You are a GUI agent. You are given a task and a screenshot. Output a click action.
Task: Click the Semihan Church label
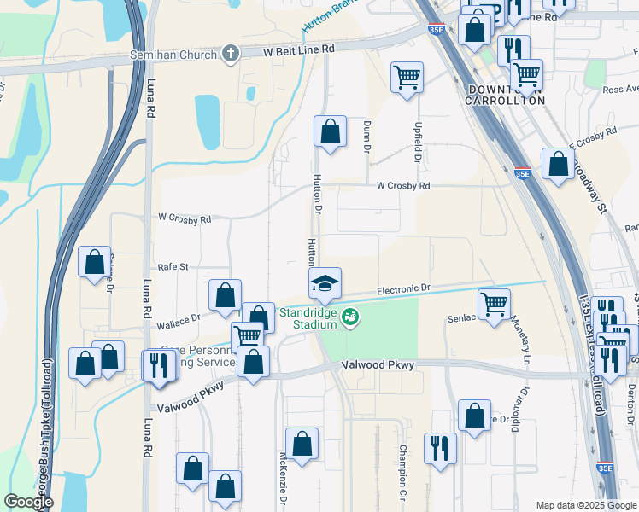pyautogui.click(x=174, y=55)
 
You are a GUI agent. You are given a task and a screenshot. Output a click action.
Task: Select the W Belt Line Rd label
pyautogui.click(x=298, y=50)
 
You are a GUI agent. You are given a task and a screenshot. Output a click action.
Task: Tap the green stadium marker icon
pyautogui.click(x=349, y=318)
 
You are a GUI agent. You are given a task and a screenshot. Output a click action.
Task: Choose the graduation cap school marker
pyautogui.click(x=325, y=283)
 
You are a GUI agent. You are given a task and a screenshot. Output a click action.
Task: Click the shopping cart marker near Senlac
pyautogui.click(x=494, y=304)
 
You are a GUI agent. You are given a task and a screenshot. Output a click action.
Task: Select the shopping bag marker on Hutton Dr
pyautogui.click(x=330, y=132)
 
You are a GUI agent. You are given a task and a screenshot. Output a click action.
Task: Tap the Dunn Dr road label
pyautogui.click(x=366, y=137)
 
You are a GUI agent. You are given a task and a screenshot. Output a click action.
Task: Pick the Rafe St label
pyautogui.click(x=172, y=267)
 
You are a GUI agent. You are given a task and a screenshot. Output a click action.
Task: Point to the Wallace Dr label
pyautogui.click(x=178, y=321)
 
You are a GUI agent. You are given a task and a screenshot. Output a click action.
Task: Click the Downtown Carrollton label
pyautogui.click(x=504, y=95)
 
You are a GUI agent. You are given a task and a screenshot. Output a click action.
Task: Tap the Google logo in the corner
pyautogui.click(x=28, y=502)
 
